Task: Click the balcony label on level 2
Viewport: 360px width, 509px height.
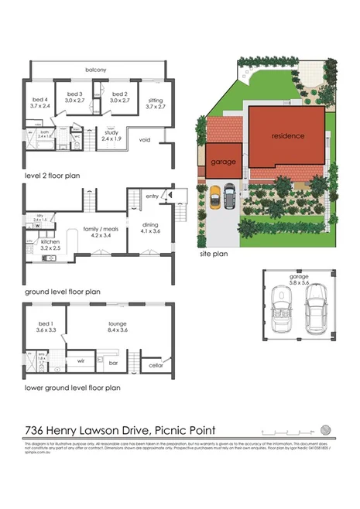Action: coord(96,70)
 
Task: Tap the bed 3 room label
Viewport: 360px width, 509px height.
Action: coord(75,95)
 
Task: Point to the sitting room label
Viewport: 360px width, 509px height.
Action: coord(156,99)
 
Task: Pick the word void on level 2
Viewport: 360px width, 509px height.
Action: coord(145,140)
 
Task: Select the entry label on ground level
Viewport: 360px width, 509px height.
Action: coord(151,196)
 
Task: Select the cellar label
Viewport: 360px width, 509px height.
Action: coord(155,364)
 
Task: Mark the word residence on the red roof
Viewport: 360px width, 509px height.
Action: coord(287,135)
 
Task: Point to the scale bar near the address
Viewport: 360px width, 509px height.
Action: coord(286,431)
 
